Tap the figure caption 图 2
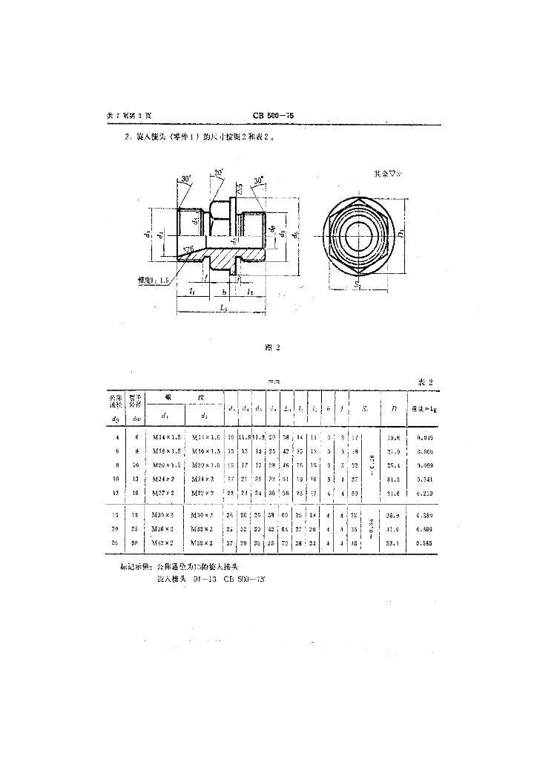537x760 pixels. click(271, 347)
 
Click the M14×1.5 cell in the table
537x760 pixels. click(167, 439)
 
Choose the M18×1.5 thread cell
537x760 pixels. click(167, 451)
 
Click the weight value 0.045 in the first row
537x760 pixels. click(424, 439)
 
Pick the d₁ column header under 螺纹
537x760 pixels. click(165, 415)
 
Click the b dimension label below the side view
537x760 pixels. click(223, 293)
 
